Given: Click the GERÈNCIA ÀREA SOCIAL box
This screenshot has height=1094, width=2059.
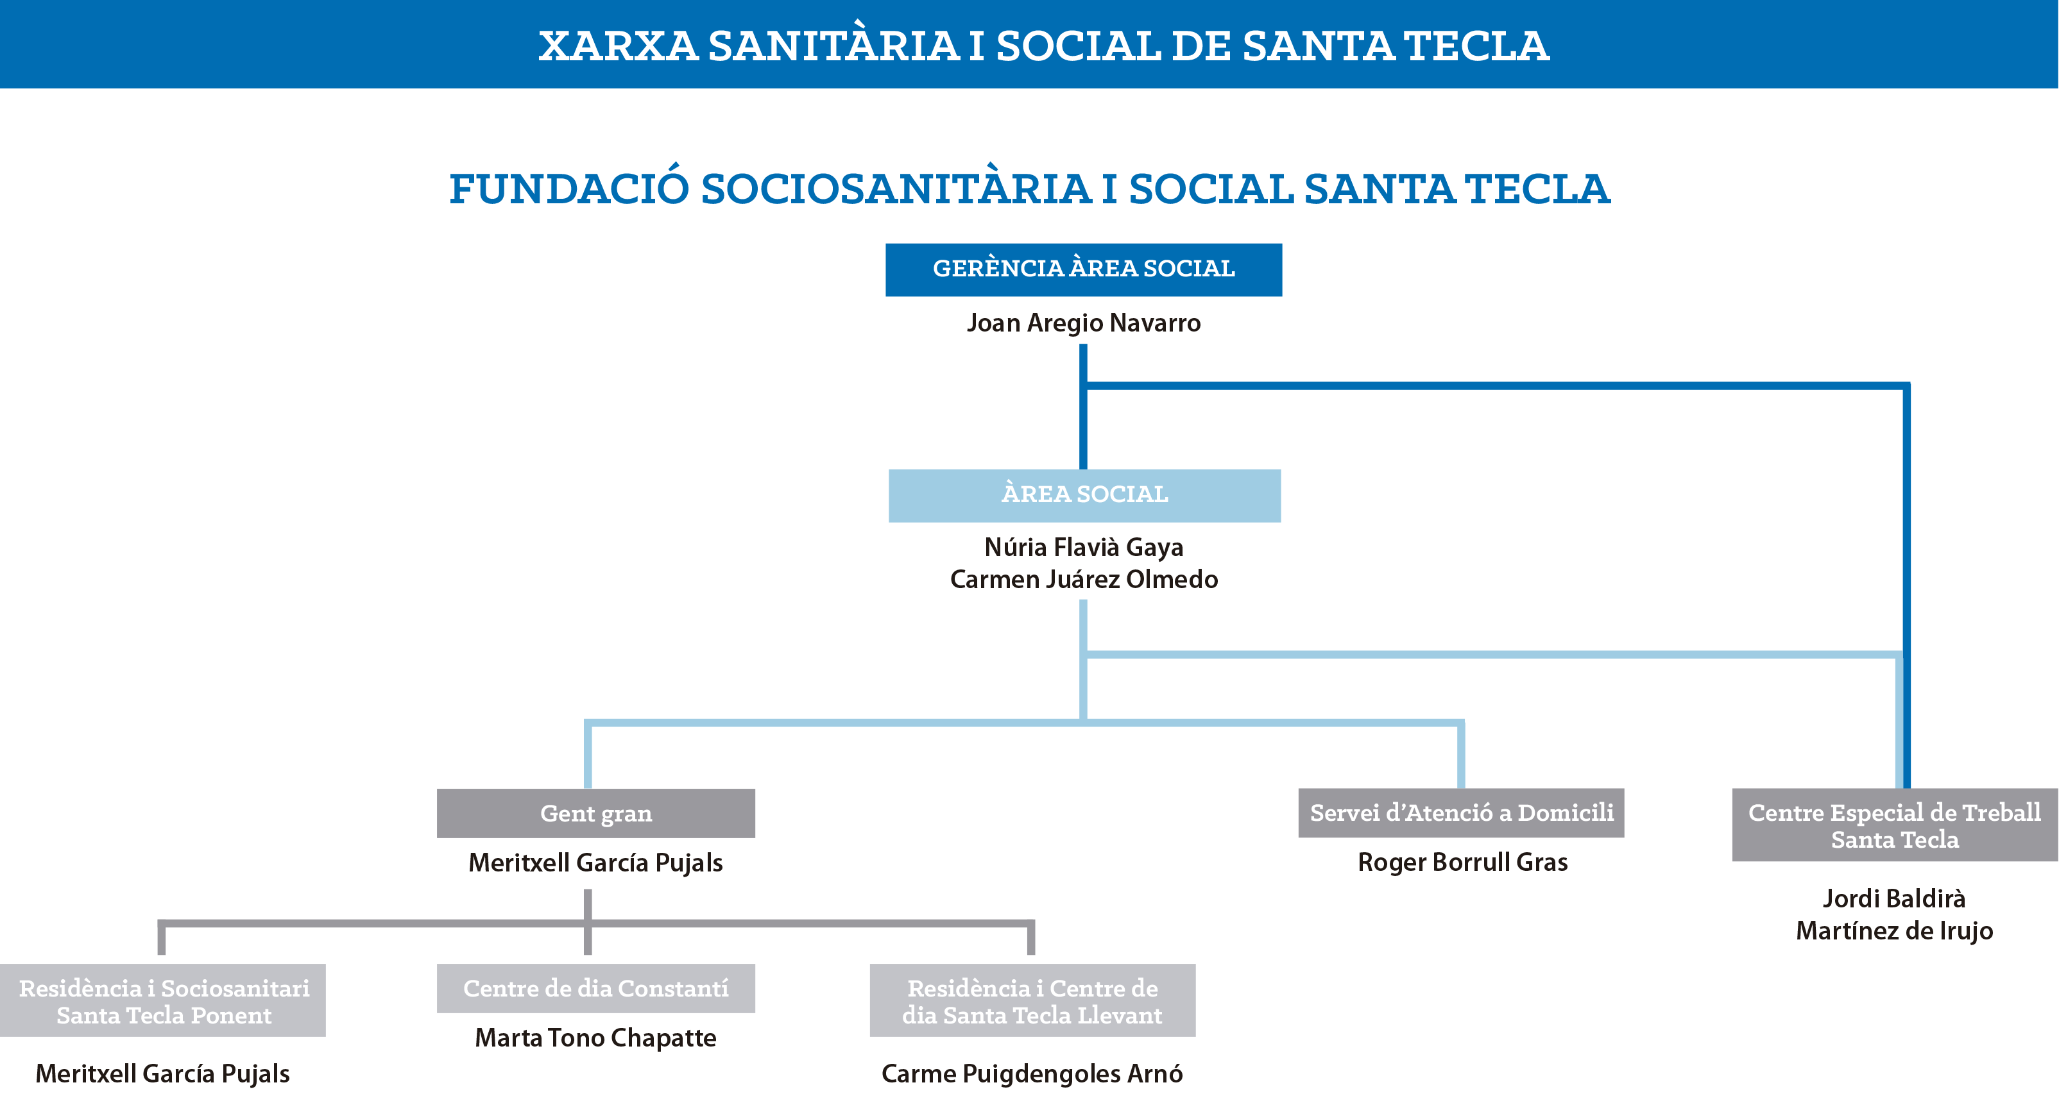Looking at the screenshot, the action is (1083, 269).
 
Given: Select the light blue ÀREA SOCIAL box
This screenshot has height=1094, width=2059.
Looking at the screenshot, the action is (1084, 496).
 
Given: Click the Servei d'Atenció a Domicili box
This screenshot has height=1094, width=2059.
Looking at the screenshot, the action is (1461, 812).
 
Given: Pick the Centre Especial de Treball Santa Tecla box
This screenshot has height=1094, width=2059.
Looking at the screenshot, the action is (1894, 825).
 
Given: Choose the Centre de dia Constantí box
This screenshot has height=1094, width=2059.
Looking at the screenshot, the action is (595, 989).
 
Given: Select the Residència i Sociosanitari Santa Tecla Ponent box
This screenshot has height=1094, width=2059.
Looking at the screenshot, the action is (163, 1000).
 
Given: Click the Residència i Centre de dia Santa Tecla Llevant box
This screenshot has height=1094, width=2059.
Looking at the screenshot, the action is (1032, 1000).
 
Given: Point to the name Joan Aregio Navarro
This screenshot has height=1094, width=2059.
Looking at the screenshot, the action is (1083, 323).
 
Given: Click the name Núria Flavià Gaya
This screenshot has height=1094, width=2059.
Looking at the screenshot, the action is (1084, 548).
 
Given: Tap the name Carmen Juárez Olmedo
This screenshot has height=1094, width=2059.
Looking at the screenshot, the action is (1084, 579).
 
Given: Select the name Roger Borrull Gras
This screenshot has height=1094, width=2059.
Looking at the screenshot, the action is (1463, 863).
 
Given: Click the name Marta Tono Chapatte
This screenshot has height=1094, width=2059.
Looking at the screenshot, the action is (595, 1038).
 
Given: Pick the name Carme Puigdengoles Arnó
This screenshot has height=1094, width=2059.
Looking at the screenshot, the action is (1032, 1074).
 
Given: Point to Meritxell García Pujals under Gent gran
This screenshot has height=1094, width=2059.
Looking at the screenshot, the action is (595, 863).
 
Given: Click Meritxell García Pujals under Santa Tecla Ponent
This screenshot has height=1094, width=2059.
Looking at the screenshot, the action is (163, 1074).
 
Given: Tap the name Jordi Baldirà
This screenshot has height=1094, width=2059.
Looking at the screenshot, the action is (1893, 899).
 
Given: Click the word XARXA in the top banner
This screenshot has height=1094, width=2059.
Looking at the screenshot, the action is (618, 46).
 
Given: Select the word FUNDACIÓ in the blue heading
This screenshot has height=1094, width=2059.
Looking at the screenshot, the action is (569, 189).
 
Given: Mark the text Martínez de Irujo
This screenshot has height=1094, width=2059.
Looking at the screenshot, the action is (1894, 931).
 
